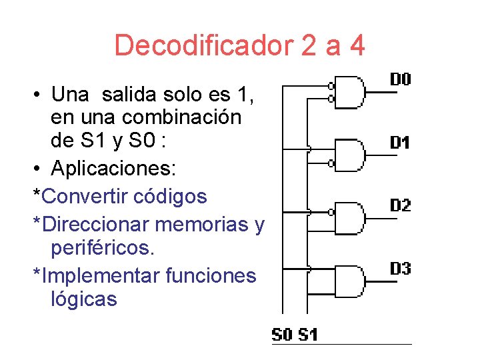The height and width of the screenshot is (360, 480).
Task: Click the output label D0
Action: [400, 80]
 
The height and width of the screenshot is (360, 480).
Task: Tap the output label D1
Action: [400, 143]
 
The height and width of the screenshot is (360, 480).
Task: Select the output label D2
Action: [400, 205]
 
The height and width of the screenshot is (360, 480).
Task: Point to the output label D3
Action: [400, 269]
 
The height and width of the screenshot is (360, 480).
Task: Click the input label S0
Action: [282, 334]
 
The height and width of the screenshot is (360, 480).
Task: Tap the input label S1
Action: [307, 334]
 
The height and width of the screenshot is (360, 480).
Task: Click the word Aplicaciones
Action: [113, 169]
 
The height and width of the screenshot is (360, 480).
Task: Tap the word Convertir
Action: [80, 196]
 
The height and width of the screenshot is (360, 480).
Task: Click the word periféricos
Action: [102, 249]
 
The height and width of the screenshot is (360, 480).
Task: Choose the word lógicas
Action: [83, 299]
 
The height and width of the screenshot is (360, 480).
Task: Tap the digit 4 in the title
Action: [356, 46]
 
